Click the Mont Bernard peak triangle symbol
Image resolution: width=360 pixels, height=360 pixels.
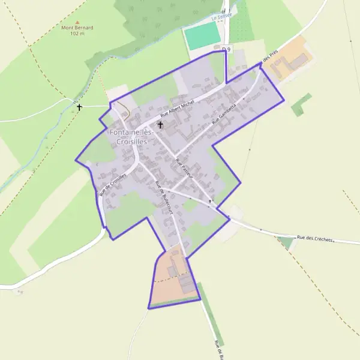pos(77,22)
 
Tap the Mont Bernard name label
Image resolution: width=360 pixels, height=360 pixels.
pos(77,28)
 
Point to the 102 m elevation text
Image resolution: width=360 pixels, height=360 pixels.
pos(77,34)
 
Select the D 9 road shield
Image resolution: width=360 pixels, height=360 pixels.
pos(226,49)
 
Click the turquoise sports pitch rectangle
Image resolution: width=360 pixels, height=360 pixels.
pos(202,36)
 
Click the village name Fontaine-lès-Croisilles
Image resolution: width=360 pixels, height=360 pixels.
pos(131,136)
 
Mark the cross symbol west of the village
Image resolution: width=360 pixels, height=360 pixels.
pos(79,107)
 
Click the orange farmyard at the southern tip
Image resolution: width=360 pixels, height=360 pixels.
pos(171,282)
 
